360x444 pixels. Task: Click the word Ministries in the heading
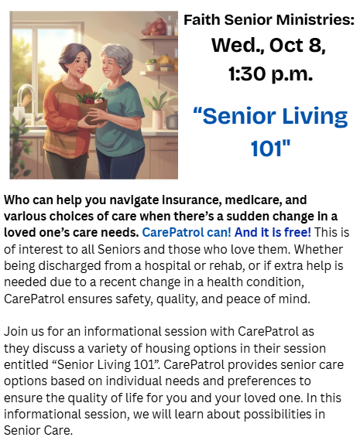click(315, 20)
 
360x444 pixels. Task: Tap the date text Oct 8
click(297, 46)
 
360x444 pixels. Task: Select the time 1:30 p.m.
click(271, 73)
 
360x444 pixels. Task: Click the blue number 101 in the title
click(270, 148)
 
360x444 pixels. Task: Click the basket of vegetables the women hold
click(91, 108)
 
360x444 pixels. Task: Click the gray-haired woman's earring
click(121, 73)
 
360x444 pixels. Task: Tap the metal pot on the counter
click(172, 121)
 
